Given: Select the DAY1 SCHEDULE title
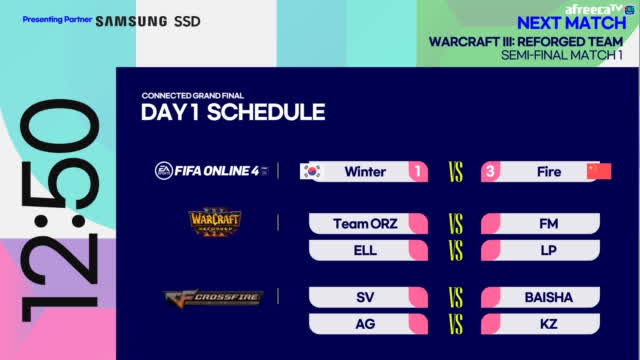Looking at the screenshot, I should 233,112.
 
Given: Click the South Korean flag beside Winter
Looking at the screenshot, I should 313,171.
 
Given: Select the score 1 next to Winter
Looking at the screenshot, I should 417,171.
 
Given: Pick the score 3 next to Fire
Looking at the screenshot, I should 493,171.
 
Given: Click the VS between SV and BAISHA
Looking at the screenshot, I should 455,297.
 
